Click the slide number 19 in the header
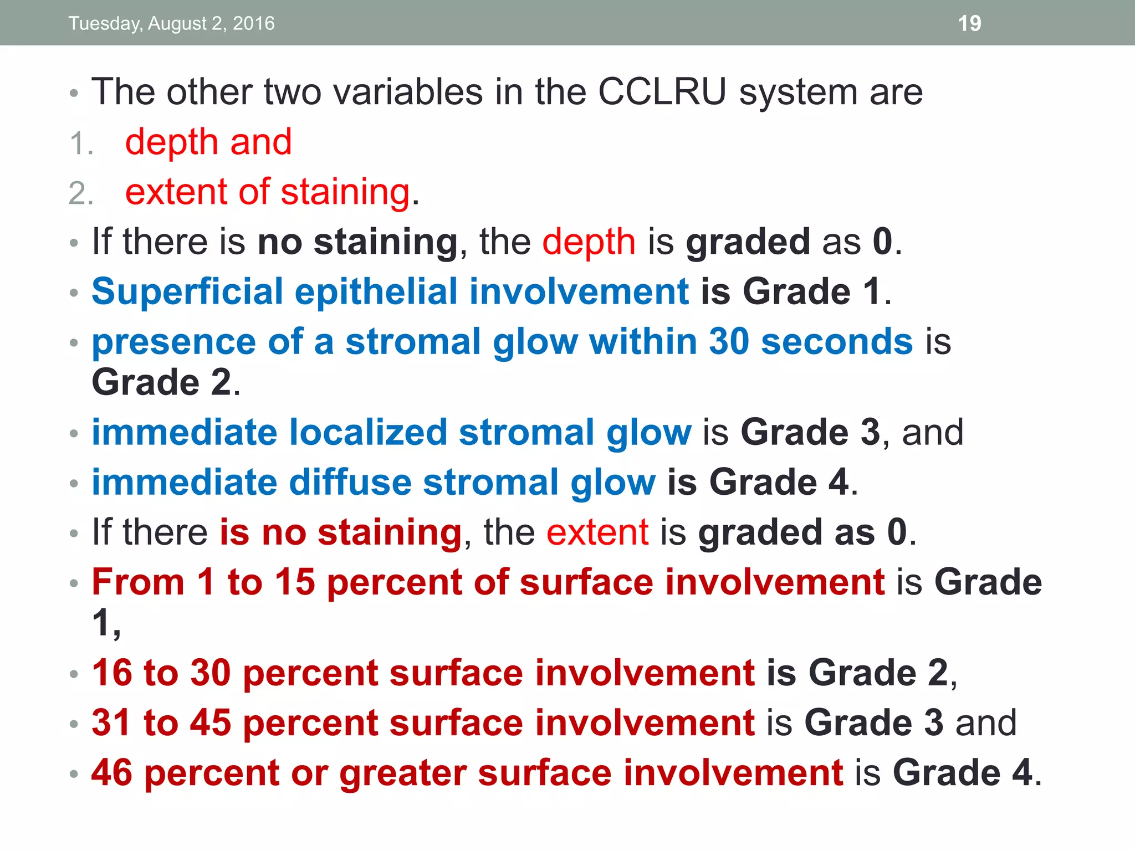[969, 23]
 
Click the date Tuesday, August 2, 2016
[171, 23]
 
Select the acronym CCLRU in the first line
[662, 91]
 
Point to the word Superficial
[187, 291]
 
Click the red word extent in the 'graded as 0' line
[597, 532]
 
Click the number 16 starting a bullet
[112, 673]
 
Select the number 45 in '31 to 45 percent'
[211, 722]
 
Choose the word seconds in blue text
[837, 341]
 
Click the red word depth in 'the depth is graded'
[589, 243]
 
